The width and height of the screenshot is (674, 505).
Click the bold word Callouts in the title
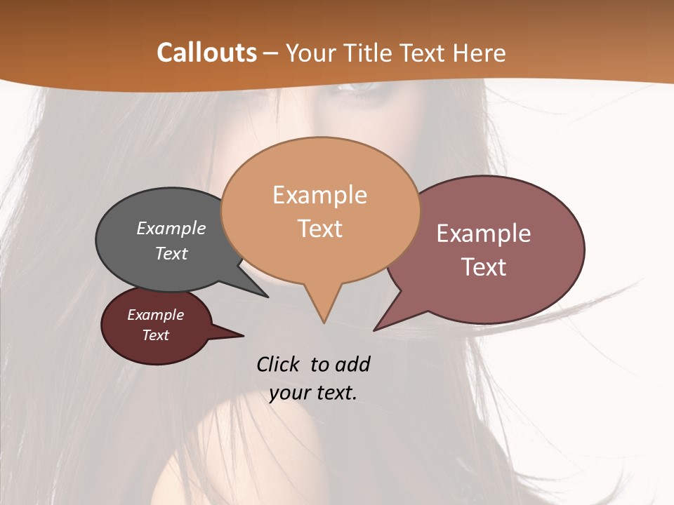click(206, 53)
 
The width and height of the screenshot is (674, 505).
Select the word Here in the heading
click(480, 53)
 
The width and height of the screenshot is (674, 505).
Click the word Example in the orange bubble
click(319, 195)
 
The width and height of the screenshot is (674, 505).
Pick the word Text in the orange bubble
click(319, 229)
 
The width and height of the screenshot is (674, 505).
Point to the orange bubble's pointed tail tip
click(324, 323)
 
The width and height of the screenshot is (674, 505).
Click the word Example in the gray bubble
click(171, 229)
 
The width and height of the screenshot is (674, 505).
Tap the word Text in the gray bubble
click(171, 253)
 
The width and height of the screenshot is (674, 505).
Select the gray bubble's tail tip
click(267, 297)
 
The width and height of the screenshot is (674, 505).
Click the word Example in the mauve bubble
click(484, 234)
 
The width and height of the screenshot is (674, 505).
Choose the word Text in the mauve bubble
click(484, 267)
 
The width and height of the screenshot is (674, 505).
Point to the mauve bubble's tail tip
click(374, 330)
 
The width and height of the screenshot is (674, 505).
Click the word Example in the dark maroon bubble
click(155, 315)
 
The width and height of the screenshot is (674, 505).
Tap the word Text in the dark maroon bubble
click(155, 335)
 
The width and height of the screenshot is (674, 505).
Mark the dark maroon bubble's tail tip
click(243, 336)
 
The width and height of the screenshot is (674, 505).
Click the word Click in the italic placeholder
click(278, 364)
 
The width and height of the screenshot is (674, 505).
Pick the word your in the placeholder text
click(289, 393)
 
